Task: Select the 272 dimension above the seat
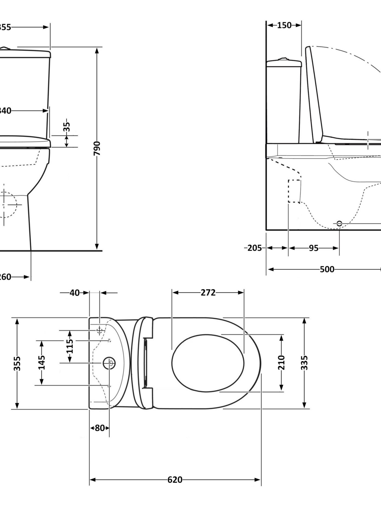(x=208, y=292)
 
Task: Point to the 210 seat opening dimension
(x=281, y=363)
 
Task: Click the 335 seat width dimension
(x=304, y=363)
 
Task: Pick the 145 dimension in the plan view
(x=42, y=363)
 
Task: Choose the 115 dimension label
(x=70, y=346)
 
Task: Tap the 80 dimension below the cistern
(x=100, y=428)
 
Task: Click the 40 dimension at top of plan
(x=75, y=293)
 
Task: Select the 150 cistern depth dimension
(x=284, y=25)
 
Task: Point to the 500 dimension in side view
(x=327, y=269)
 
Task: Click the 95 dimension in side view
(x=313, y=248)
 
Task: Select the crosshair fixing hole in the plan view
(x=100, y=331)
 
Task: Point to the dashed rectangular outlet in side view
(x=294, y=191)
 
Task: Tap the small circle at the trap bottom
(x=339, y=223)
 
